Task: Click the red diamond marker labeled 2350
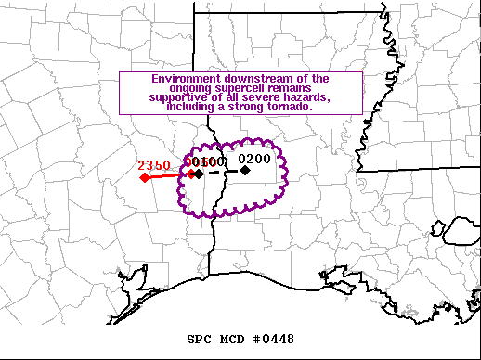click(x=145, y=176)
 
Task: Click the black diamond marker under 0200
click(x=245, y=170)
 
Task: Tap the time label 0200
click(x=254, y=159)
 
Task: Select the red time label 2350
click(x=154, y=165)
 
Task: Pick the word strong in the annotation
click(x=246, y=107)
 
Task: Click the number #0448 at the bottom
click(x=274, y=340)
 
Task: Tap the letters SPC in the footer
click(x=200, y=340)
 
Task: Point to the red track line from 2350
click(x=167, y=175)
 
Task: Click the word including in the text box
click(x=187, y=107)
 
